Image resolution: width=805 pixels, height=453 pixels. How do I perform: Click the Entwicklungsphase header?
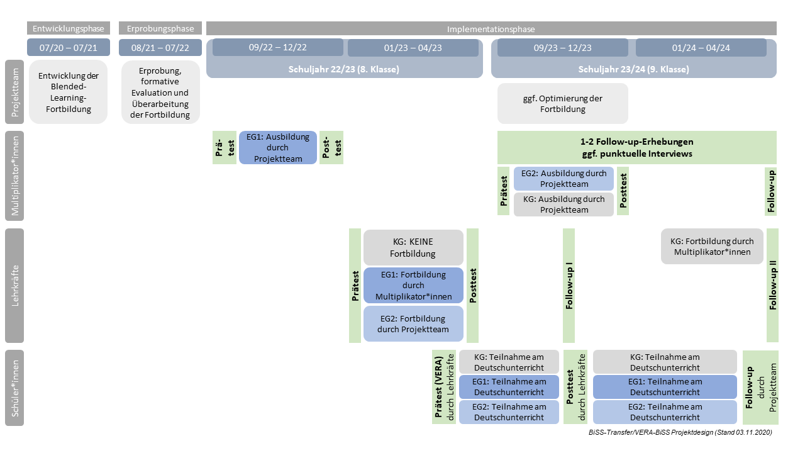69,28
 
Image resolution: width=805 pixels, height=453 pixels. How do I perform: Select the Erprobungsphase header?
160,28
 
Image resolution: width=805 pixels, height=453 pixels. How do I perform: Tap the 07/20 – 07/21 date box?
69,48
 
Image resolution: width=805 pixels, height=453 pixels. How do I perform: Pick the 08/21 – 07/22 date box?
160,48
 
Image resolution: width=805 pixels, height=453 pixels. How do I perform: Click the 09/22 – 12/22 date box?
278,48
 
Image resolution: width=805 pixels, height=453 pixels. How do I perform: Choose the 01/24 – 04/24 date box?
701,48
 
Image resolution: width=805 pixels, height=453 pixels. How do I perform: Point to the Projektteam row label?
14,92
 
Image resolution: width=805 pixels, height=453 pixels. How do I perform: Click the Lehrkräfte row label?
14,286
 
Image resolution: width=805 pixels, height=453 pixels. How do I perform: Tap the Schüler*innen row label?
14,388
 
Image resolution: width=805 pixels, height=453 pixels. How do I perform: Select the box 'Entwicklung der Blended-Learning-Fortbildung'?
69,92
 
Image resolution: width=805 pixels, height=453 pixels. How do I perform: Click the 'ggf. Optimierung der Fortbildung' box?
562,103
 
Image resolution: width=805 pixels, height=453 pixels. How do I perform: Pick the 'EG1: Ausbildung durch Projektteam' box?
278,147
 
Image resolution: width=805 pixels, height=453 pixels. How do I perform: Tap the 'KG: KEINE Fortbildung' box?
413,247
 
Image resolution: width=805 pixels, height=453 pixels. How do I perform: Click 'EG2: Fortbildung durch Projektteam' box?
413,323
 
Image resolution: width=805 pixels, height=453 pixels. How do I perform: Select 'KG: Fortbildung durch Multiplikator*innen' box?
711,246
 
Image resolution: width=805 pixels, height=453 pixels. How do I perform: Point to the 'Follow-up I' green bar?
569,286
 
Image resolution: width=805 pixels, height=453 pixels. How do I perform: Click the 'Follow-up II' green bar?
773,286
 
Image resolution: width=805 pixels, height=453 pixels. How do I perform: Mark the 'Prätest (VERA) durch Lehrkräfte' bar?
444,388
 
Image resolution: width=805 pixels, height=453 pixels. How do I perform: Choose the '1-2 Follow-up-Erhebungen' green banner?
636,147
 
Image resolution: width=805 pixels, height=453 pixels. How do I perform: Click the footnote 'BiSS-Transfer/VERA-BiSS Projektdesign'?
680,432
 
